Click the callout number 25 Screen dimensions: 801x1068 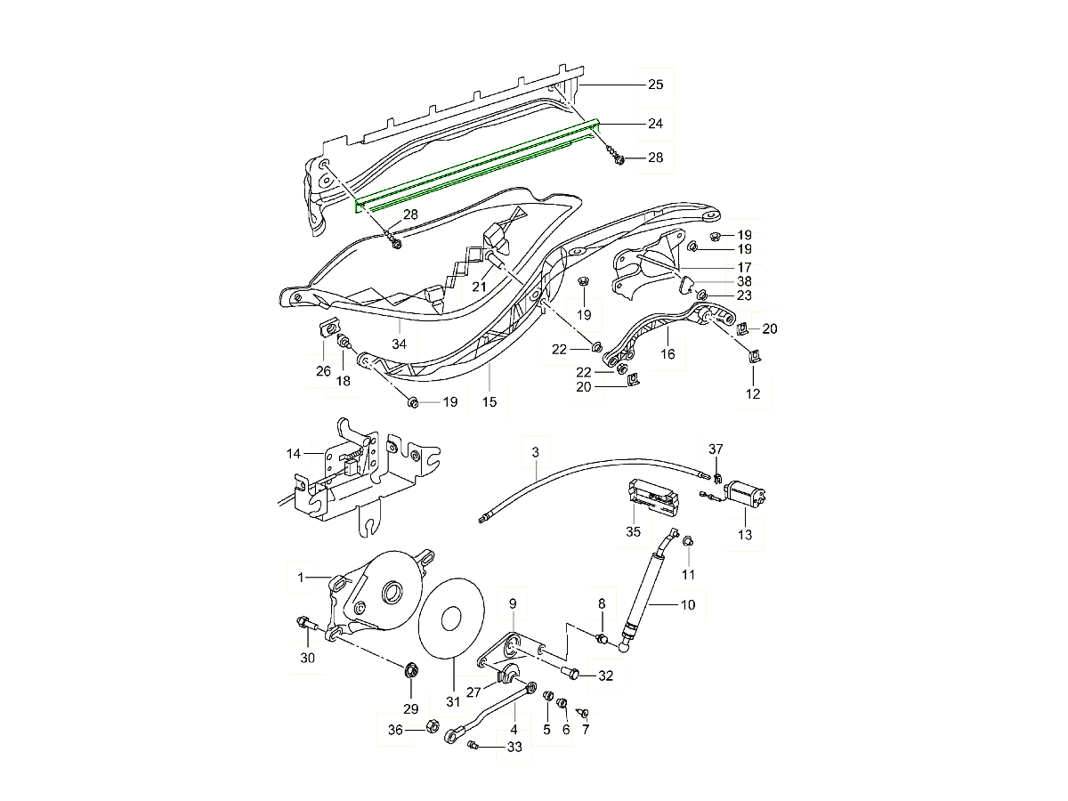pyautogui.click(x=656, y=85)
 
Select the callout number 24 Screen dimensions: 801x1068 pyautogui.click(x=656, y=123)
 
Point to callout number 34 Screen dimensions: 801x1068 pyautogui.click(x=399, y=344)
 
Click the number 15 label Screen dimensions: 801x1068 pyautogui.click(x=489, y=402)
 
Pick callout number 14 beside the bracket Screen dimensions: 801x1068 pyautogui.click(x=293, y=454)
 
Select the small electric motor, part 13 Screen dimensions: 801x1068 pyautogui.click(x=747, y=495)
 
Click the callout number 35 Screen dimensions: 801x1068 pyautogui.click(x=633, y=533)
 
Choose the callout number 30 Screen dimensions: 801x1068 pyautogui.click(x=308, y=659)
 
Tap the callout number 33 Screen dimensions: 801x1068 pyautogui.click(x=514, y=748)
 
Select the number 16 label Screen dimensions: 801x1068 pyautogui.click(x=667, y=354)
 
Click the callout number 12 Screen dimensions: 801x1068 pyautogui.click(x=753, y=393)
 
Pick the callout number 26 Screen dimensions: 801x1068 pyautogui.click(x=322, y=371)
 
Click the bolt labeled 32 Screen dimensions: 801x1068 pyautogui.click(x=573, y=673)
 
